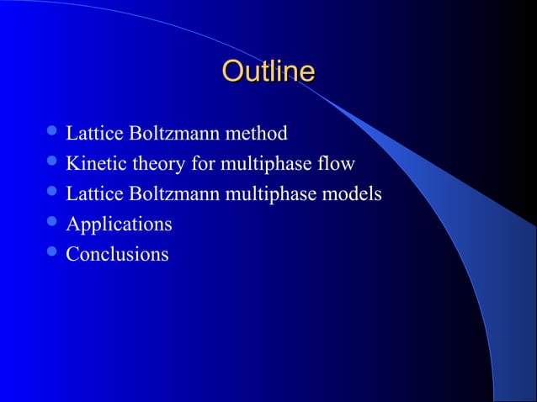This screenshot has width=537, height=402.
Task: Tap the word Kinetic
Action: pyautogui.click(x=93, y=163)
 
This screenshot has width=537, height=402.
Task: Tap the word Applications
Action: pyautogui.click(x=119, y=225)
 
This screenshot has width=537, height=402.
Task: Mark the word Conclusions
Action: pyautogui.click(x=117, y=254)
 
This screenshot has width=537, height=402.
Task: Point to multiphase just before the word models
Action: pyautogui.click(x=274, y=194)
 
